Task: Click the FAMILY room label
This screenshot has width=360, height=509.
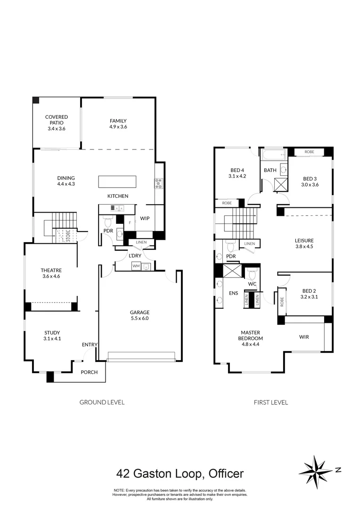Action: [118, 121]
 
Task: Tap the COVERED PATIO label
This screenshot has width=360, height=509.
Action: [57, 117]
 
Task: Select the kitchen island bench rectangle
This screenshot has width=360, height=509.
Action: [117, 182]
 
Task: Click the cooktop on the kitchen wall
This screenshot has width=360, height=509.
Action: [158, 183]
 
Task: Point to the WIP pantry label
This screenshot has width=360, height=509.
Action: [145, 219]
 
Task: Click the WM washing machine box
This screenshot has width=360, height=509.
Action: [136, 267]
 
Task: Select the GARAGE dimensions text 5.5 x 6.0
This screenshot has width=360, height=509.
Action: [140, 319]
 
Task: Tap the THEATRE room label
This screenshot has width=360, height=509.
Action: [51, 270]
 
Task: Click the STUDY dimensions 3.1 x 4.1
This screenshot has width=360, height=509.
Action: [53, 338]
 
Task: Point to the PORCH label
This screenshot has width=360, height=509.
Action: [89, 372]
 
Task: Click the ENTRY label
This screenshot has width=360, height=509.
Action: [89, 345]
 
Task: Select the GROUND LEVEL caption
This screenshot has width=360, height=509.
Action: [102, 402]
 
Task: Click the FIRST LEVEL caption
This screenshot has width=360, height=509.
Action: [271, 402]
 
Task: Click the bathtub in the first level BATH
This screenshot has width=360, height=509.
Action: [273, 154]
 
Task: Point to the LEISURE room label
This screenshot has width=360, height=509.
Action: [304, 240]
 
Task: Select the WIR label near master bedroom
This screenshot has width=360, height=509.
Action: [304, 337]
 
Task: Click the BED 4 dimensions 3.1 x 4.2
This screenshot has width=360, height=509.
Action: [237, 176]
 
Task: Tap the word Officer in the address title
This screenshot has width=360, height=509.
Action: [223, 473]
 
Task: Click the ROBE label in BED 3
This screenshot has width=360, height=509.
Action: [309, 152]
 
